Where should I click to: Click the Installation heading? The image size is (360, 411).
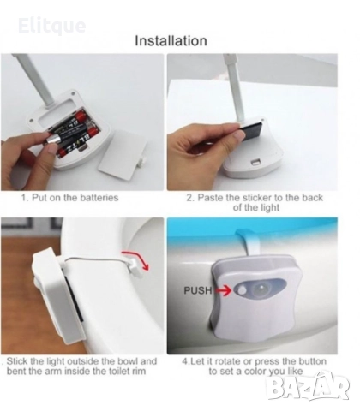pyautogui.click(x=171, y=40)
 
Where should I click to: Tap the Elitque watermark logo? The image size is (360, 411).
pyautogui.click(x=51, y=26)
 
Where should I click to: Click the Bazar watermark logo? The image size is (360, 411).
pyautogui.click(x=308, y=388)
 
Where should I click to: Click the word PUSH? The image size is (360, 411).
pyautogui.click(x=198, y=290)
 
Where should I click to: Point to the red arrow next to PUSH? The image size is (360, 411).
pyautogui.click(x=223, y=291)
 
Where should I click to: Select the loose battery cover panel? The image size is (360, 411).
pyautogui.click(x=123, y=156)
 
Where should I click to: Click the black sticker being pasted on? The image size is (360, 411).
pyautogui.click(x=253, y=129)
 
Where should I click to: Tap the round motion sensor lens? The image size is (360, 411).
pyautogui.click(x=259, y=289)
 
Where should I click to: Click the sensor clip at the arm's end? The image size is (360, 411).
pyautogui.click(x=135, y=269)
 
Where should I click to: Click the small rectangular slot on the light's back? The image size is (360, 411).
pyautogui.click(x=255, y=164)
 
